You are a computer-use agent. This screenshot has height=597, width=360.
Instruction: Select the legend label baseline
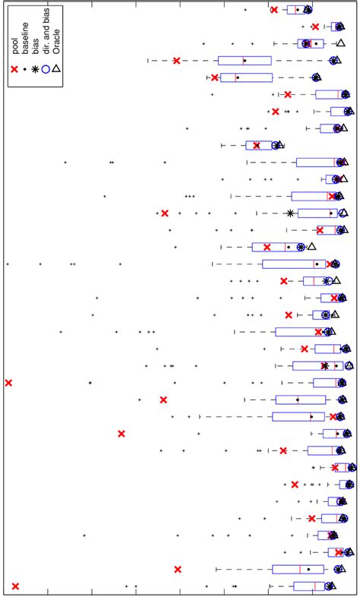(x=25, y=38)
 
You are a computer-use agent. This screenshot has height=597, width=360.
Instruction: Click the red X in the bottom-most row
(x=15, y=586)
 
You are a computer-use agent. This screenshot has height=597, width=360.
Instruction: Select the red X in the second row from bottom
(x=178, y=569)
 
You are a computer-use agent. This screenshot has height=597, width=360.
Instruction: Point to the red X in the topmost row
(x=274, y=9)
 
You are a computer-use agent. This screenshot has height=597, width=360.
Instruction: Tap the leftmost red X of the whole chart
(x=8, y=382)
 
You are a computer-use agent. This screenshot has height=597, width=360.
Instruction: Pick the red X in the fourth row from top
(x=176, y=60)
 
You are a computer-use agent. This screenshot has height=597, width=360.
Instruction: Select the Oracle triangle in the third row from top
(x=340, y=43)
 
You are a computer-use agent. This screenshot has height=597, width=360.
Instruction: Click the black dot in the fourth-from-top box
(x=244, y=60)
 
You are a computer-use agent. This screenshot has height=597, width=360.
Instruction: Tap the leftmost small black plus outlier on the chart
(x=8, y=264)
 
